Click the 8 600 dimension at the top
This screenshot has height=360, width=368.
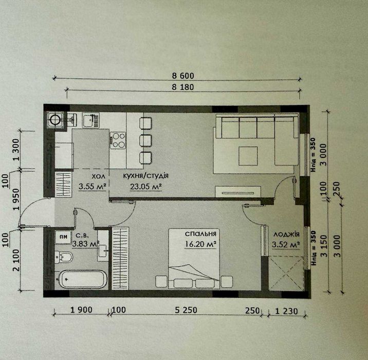click(183, 76)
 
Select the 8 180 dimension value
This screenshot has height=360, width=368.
click(183, 87)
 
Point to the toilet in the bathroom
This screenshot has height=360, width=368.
click(64, 257)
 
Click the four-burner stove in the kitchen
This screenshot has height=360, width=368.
click(118, 140)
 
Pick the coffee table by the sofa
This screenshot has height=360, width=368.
click(248, 156)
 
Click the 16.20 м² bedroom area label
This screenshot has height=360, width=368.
click(200, 244)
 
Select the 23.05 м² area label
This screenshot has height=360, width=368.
click(146, 187)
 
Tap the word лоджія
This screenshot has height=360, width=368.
click(286, 234)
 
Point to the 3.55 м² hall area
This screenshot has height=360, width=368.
click(93, 187)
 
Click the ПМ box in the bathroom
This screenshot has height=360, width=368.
click(63, 237)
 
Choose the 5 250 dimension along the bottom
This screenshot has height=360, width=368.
click(186, 310)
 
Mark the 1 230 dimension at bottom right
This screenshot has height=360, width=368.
click(286, 311)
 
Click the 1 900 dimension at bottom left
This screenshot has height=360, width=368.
click(81, 310)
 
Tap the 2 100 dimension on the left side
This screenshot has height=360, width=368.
click(16, 260)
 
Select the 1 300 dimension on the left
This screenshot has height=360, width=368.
click(16, 150)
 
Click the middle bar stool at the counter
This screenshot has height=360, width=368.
click(145, 140)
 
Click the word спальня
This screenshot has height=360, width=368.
click(200, 234)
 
